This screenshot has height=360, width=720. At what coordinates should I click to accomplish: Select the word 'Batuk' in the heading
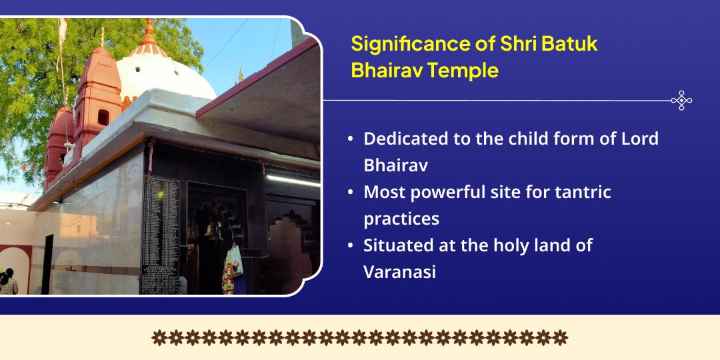[x=569, y=44]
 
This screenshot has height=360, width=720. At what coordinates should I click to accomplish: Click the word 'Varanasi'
[x=399, y=272]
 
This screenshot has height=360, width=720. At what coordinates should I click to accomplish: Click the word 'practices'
[x=401, y=219]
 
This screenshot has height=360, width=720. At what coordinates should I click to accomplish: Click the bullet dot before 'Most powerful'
[x=351, y=193]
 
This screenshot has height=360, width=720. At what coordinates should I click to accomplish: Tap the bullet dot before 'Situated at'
[x=351, y=245]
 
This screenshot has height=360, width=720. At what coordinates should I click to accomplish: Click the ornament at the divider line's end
[x=681, y=100]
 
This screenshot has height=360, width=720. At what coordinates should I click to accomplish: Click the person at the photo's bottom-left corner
[x=8, y=282]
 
